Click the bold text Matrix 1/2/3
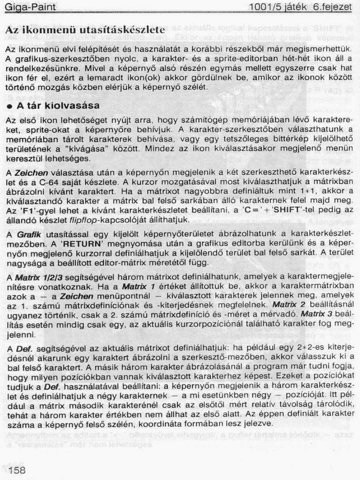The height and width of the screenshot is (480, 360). (x=40, y=277)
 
